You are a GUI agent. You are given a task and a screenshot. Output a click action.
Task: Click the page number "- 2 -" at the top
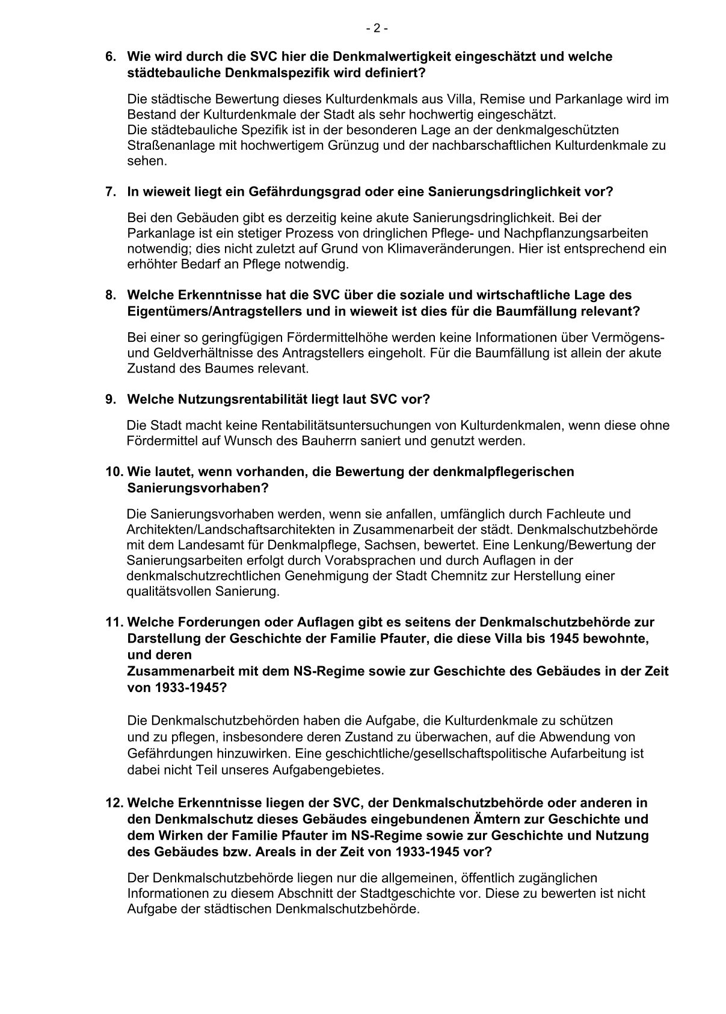click(x=377, y=28)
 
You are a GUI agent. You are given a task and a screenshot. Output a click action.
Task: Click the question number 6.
click(x=110, y=57)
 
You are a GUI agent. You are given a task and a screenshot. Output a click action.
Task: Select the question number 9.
click(x=110, y=400)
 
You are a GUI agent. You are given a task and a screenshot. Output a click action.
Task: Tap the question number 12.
click(x=114, y=803)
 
